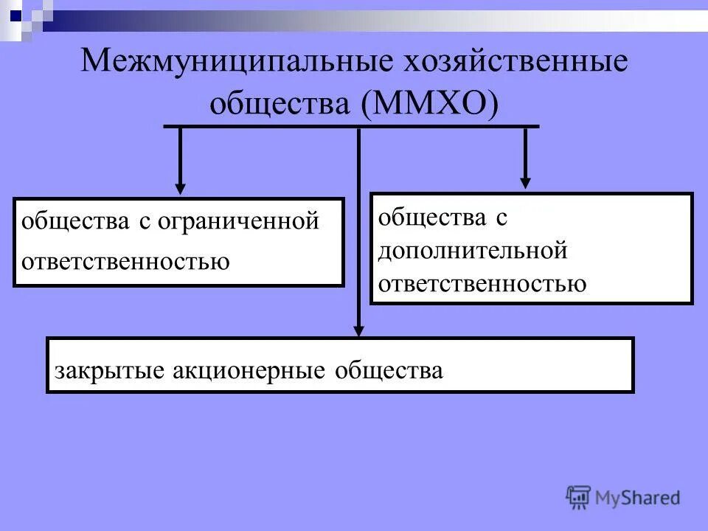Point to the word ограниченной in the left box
click(x=238, y=221)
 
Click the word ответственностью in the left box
click(x=126, y=261)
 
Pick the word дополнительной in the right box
click(x=473, y=250)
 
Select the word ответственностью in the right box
click(x=483, y=283)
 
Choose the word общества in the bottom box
click(x=389, y=370)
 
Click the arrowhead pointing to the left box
click(x=180, y=189)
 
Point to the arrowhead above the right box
click(x=525, y=181)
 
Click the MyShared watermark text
click(x=639, y=498)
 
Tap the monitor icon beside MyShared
click(x=579, y=497)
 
